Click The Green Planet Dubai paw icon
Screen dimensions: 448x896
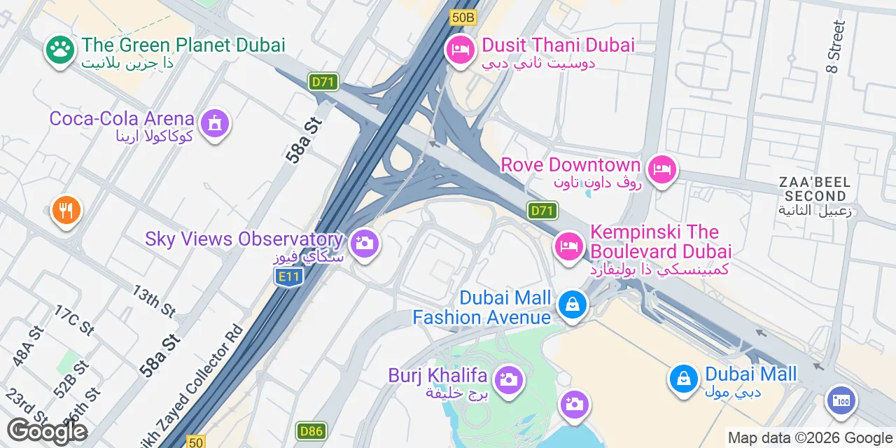(x=60, y=49)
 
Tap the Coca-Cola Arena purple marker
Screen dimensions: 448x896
(x=215, y=123)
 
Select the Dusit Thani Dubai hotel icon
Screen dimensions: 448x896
(x=460, y=49)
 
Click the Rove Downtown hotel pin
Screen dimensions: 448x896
(x=661, y=168)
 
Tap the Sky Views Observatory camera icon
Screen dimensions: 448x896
(x=363, y=244)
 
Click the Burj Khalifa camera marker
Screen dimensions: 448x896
(x=508, y=380)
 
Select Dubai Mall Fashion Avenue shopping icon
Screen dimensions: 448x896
(x=573, y=304)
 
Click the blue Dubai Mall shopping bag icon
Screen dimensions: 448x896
(x=683, y=379)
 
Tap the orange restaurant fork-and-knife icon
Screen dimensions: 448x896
(x=66, y=210)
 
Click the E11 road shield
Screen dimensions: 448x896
(x=288, y=277)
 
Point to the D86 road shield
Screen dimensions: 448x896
(x=311, y=430)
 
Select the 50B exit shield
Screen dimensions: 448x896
(x=463, y=17)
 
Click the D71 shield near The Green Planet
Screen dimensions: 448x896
(x=323, y=82)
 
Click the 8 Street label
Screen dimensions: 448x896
(x=836, y=45)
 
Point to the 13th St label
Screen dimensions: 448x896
(x=153, y=300)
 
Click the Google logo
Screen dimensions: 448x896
(x=47, y=431)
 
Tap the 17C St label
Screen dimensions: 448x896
(x=73, y=320)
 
